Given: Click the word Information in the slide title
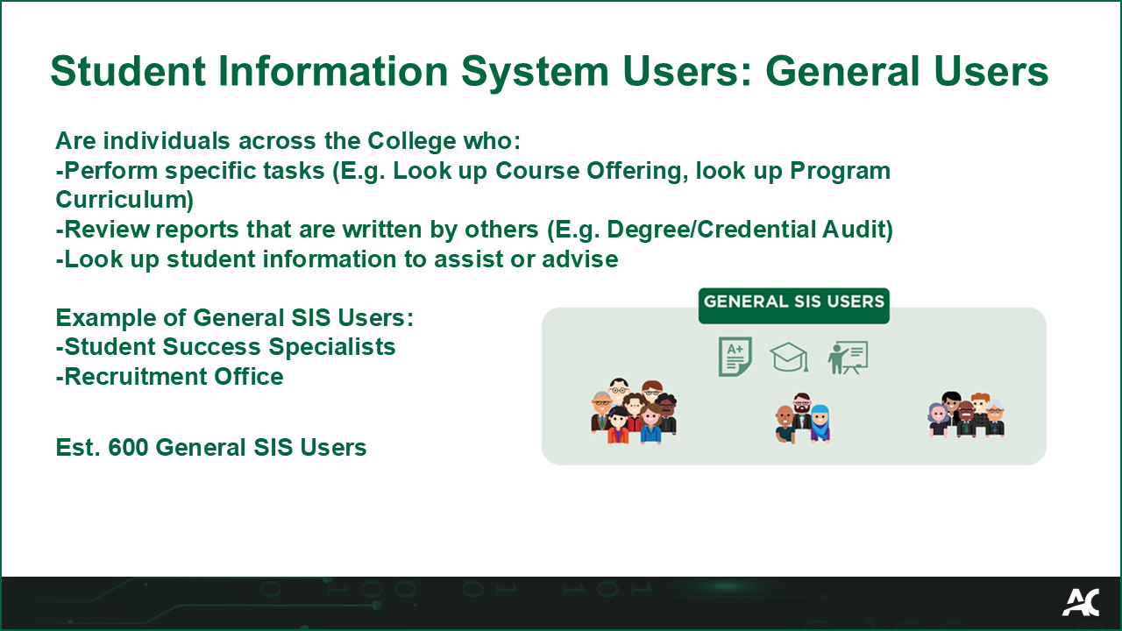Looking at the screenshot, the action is (332, 71).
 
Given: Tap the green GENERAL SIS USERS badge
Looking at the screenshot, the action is (794, 306).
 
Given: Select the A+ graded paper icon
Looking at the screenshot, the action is (735, 357).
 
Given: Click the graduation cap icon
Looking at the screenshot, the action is (789, 357).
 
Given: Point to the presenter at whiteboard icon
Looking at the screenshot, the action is (848, 358).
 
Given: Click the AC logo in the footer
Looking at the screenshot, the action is (1081, 602).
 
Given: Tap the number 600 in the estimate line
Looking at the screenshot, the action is (128, 447).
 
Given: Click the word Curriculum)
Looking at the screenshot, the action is (124, 199).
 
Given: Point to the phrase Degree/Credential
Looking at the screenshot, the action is (711, 230).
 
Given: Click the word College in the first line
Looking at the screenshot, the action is (412, 141).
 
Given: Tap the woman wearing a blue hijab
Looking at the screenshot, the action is (820, 423).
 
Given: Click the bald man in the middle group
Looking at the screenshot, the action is (785, 425).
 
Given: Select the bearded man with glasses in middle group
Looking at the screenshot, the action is (801, 409).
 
